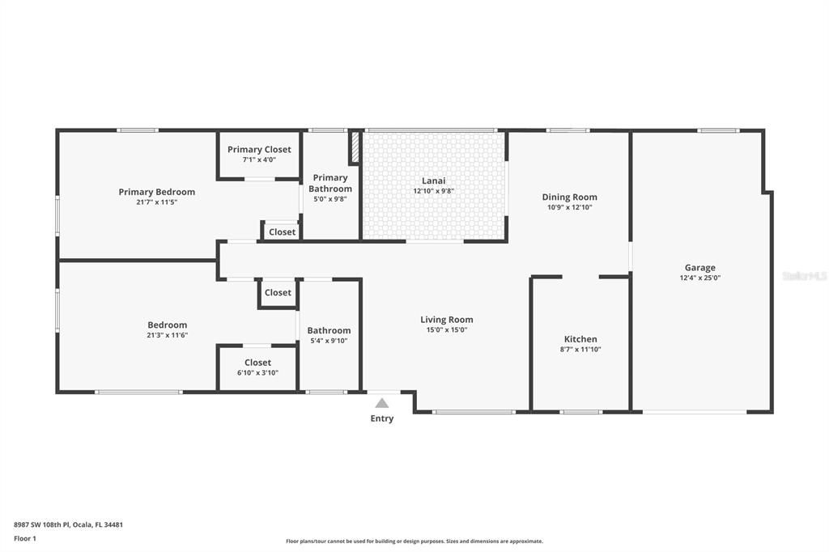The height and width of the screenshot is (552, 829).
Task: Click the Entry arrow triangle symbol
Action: [381, 403]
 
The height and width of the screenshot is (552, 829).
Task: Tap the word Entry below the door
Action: [382, 418]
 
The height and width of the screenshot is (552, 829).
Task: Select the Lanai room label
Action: [433, 180]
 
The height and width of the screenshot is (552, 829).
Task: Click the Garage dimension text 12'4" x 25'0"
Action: [699, 278]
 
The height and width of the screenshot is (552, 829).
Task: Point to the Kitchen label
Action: [580, 339]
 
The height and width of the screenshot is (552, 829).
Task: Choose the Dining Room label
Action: [569, 197]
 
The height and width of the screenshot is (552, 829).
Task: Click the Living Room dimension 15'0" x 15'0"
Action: [446, 329]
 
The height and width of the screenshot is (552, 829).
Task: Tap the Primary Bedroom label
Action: [156, 192]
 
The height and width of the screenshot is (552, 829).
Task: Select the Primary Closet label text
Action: [259, 149]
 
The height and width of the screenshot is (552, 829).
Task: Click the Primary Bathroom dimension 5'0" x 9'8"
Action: [330, 198]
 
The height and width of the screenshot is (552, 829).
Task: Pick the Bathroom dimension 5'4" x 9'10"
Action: [329, 341]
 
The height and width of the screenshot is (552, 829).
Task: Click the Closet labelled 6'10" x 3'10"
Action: [257, 363]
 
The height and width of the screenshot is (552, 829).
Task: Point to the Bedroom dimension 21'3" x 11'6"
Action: [167, 335]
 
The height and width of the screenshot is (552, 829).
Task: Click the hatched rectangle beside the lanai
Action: [355, 149]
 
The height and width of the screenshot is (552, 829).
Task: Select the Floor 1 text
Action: [24, 538]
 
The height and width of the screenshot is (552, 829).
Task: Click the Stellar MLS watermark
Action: [805, 276]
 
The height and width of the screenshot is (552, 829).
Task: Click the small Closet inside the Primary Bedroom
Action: [282, 231]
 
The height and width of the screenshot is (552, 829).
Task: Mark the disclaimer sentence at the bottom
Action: [414, 541]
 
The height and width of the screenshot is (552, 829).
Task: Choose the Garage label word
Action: [699, 267]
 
